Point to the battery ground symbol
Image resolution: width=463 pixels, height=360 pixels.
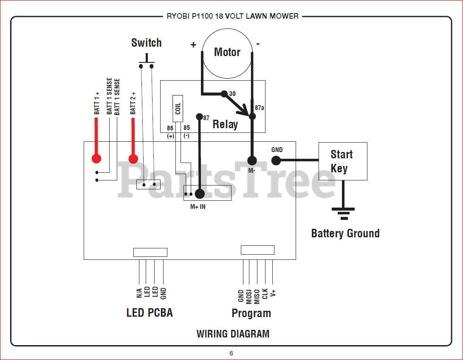(343, 214)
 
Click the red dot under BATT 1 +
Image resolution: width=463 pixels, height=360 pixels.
(96, 159)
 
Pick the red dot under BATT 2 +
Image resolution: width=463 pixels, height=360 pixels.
(133, 159)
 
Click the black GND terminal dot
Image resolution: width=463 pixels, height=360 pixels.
(276, 160)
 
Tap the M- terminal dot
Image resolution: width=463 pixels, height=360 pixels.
(252, 160)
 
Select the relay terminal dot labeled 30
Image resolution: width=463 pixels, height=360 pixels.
(224, 94)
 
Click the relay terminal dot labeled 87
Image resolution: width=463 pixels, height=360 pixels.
(200, 117)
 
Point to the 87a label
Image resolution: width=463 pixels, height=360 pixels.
(260, 108)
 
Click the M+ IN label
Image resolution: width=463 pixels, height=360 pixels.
(198, 207)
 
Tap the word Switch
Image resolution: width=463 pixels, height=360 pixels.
(147, 43)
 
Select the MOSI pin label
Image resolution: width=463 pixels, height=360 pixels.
(248, 297)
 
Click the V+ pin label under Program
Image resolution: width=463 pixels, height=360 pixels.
(273, 293)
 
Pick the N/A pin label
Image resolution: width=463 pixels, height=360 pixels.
(139, 293)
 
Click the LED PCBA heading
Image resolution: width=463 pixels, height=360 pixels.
(150, 313)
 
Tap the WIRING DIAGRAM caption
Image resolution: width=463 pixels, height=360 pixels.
(233, 334)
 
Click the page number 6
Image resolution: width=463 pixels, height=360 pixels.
(231, 353)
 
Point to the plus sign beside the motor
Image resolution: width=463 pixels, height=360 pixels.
(193, 45)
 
